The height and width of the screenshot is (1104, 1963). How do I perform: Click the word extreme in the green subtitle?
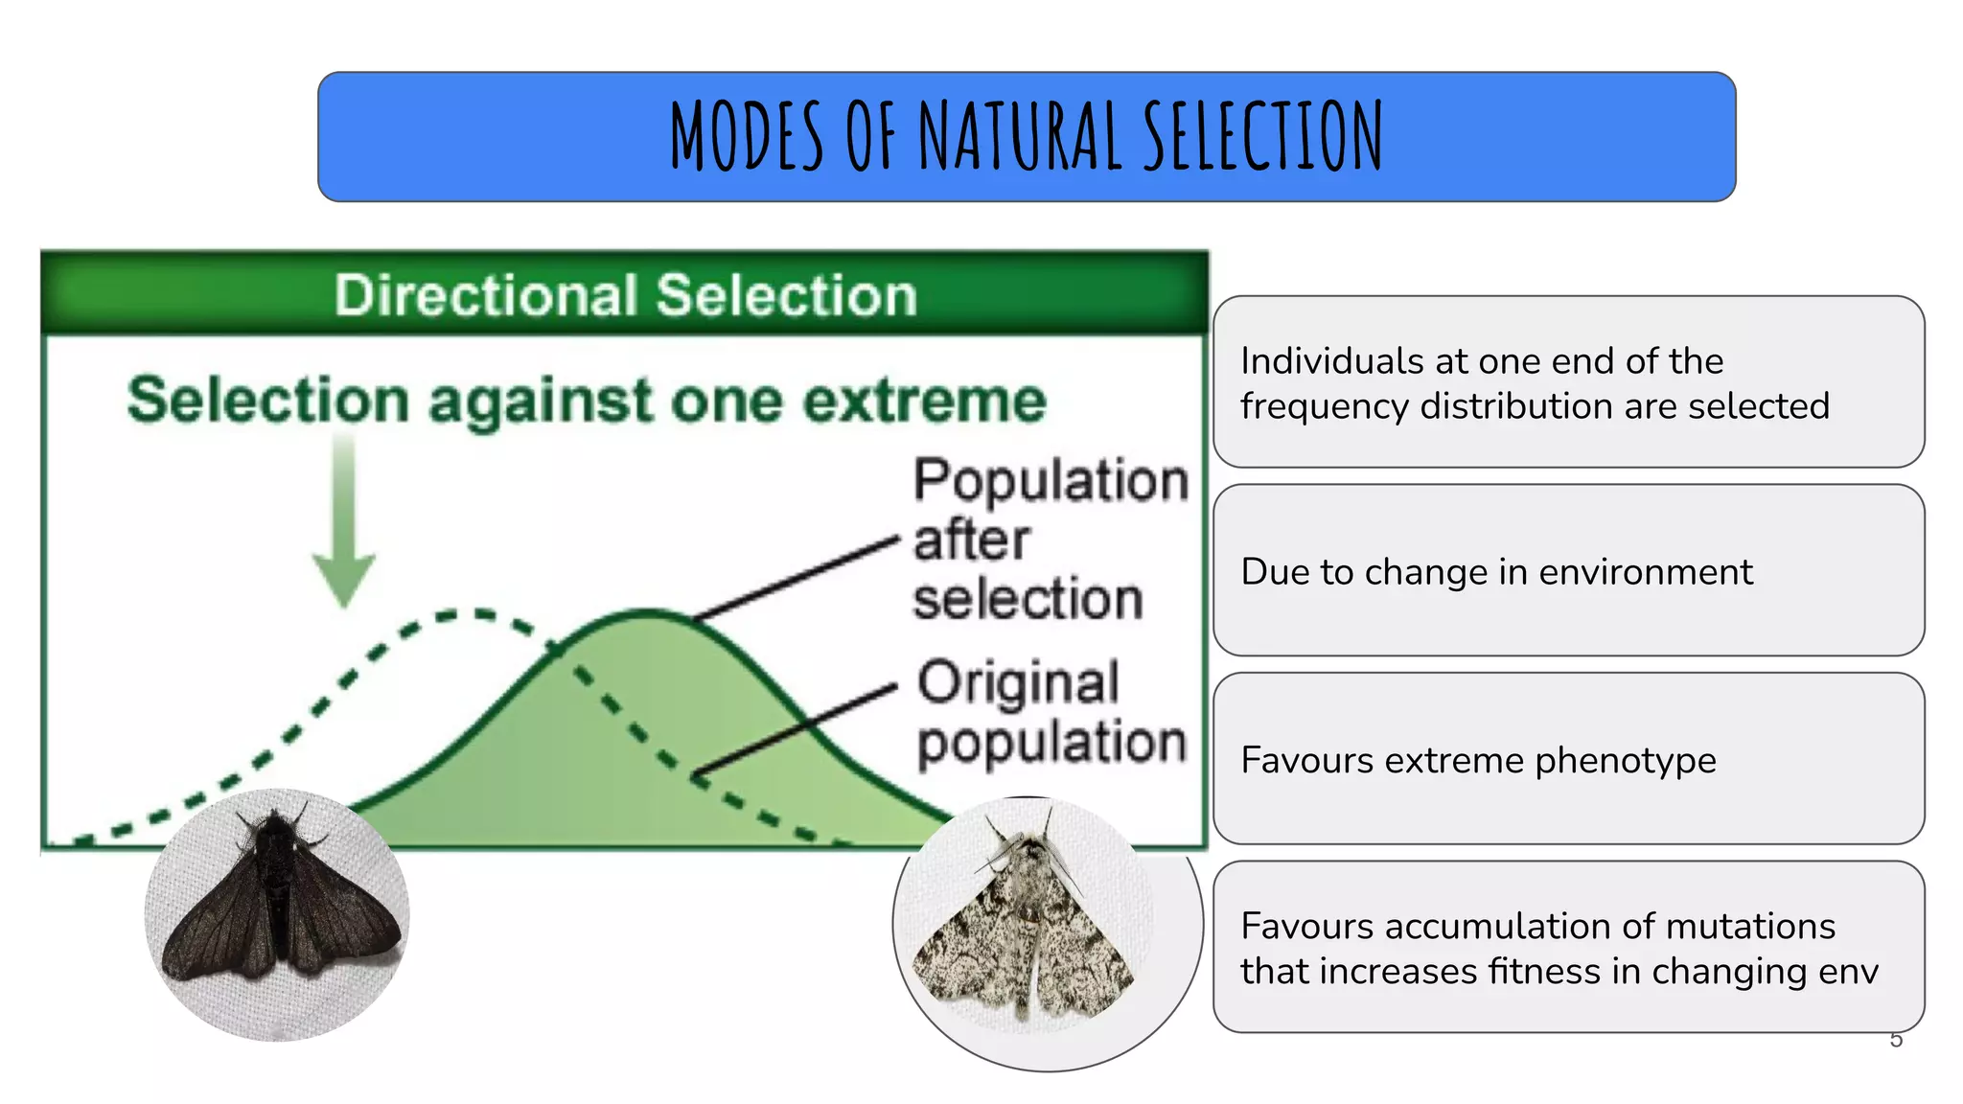point(924,401)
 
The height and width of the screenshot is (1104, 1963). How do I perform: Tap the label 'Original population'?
point(1050,712)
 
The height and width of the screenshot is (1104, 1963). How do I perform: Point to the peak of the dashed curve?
point(470,613)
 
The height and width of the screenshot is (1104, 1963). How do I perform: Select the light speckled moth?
point(1026,925)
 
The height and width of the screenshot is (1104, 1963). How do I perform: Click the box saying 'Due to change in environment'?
point(1568,571)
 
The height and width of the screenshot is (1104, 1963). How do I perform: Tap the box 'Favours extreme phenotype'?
point(1568,759)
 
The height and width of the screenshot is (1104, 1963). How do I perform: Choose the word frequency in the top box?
point(1326,407)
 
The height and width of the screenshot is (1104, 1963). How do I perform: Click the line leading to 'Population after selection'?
point(796,579)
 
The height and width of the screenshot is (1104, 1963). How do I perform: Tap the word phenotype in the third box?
point(1625,761)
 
